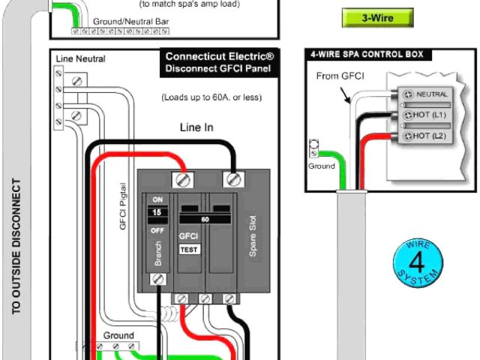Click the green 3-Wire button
tap(378, 17)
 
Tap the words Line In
tap(196, 127)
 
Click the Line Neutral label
tap(80, 59)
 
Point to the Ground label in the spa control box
tap(322, 166)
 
